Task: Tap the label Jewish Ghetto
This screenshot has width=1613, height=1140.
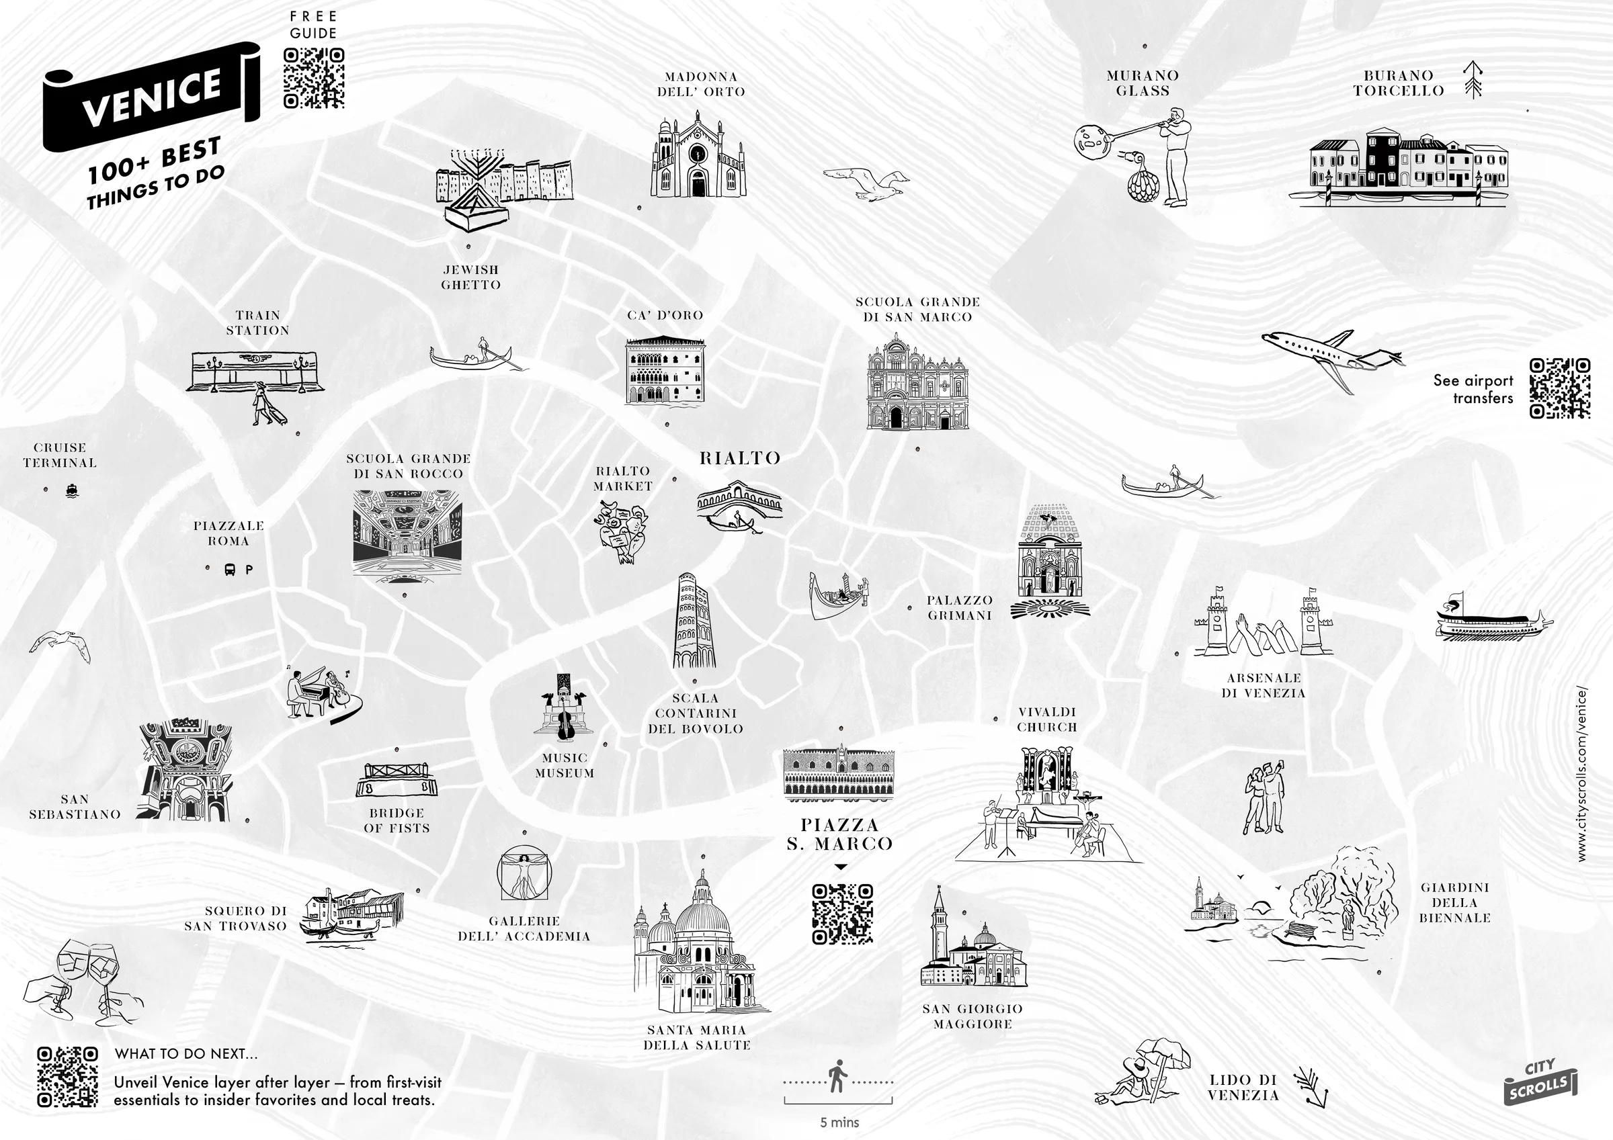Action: [470, 277]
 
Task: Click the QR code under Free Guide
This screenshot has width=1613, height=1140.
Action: [313, 77]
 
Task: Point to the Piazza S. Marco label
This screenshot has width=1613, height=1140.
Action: [839, 834]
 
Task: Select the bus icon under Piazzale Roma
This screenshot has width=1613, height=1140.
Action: [230, 570]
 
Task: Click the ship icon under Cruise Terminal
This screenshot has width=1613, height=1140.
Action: [72, 490]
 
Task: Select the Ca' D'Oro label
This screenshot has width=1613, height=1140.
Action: [665, 315]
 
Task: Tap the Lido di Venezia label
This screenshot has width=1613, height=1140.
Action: [1243, 1088]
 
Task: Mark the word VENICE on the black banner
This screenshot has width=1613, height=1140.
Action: [152, 97]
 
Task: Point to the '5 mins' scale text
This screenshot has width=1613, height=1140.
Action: [839, 1123]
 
